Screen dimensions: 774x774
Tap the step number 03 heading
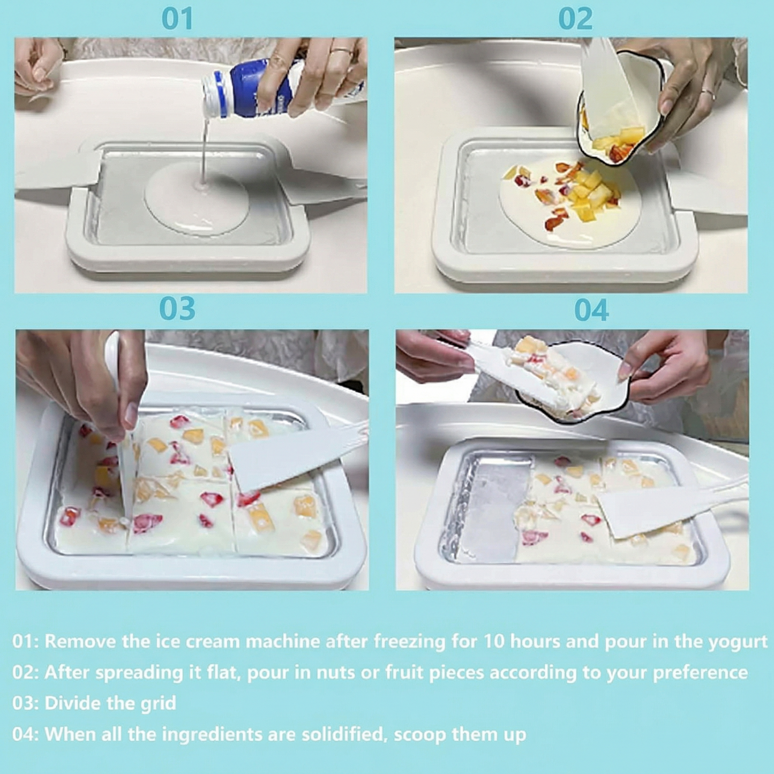[x=177, y=309]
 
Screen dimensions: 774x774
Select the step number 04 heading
[x=591, y=310]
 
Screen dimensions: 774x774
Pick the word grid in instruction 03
[x=158, y=703]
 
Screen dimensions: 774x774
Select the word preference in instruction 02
[x=700, y=672]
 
